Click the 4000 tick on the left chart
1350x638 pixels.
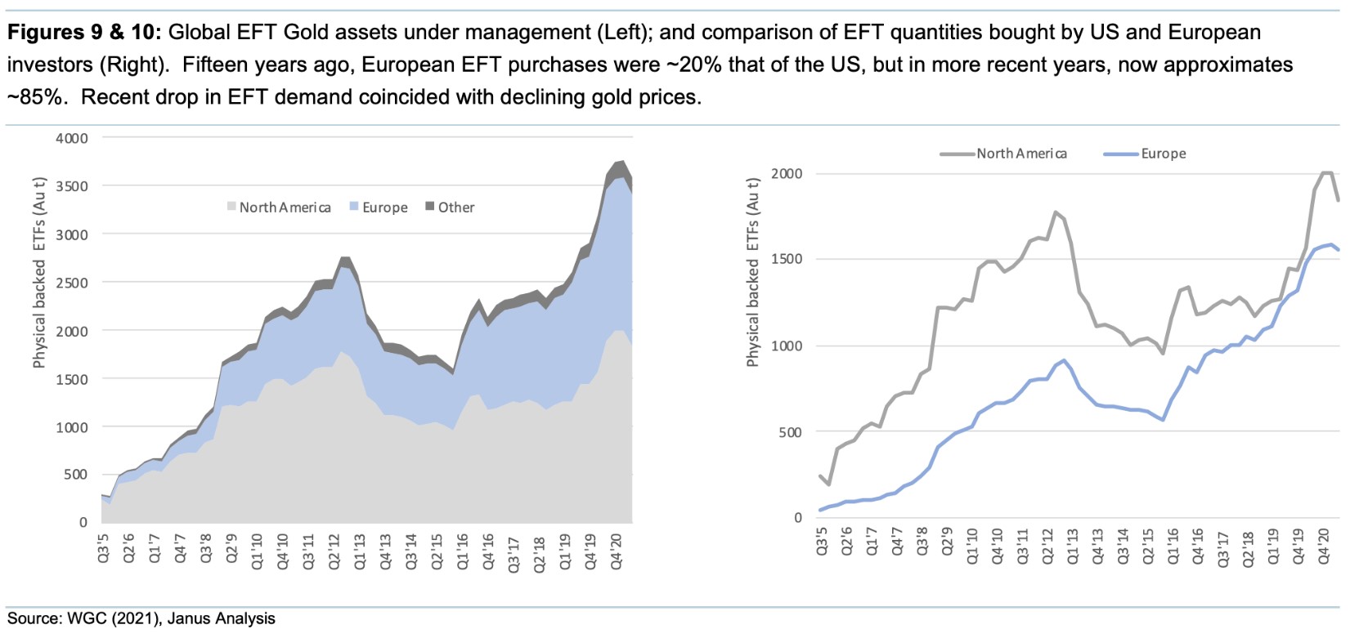coord(72,138)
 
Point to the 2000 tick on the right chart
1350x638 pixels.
coord(787,173)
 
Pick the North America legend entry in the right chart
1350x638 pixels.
coord(1021,154)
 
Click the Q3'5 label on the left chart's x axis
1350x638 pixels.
coord(104,547)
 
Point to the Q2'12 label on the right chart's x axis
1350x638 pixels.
coord(1048,547)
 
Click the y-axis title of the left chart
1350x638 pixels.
coord(39,273)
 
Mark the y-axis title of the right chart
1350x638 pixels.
coord(753,271)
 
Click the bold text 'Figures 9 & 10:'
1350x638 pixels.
coord(84,33)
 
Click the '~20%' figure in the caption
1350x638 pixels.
coord(706,65)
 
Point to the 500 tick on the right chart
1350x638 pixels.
coord(791,432)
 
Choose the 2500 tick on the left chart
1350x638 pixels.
coord(72,283)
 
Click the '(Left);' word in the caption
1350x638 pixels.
coord(626,33)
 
